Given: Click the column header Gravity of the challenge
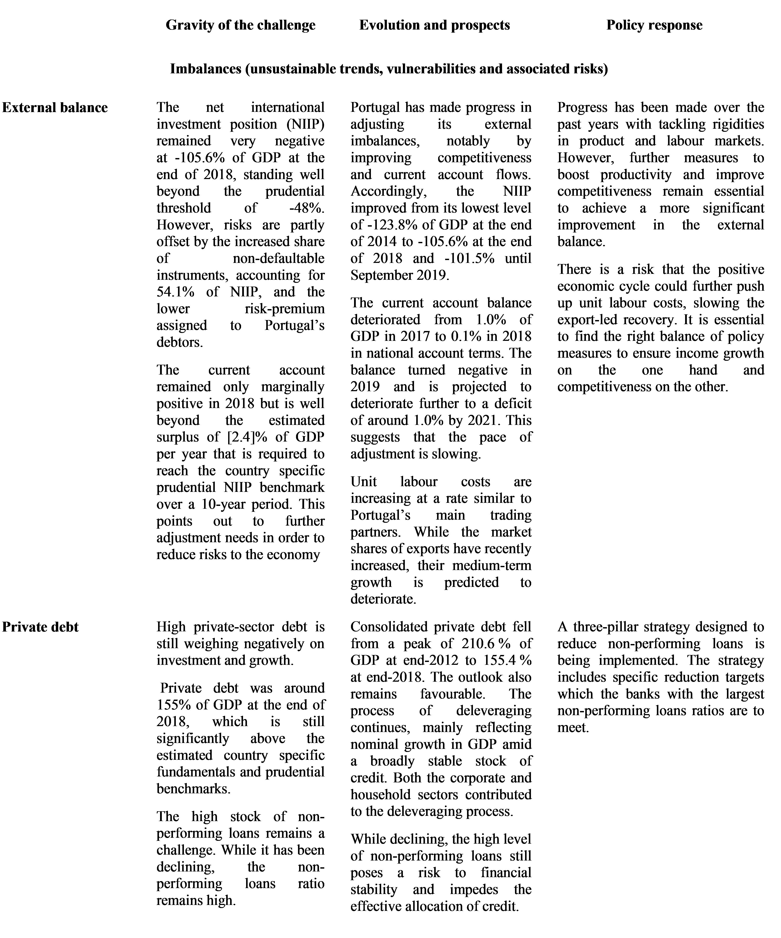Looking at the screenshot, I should pyautogui.click(x=240, y=25).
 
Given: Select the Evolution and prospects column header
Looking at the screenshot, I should pyautogui.click(x=434, y=25).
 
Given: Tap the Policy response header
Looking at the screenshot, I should pyautogui.click(x=654, y=25).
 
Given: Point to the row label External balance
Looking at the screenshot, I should pyautogui.click(x=55, y=108).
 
